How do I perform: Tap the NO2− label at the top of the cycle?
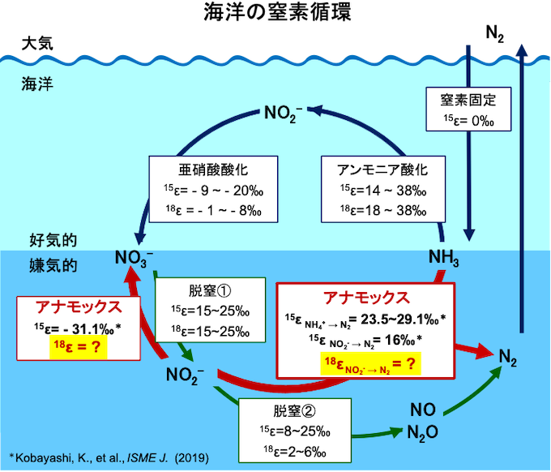coord(284,111)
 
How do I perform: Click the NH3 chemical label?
coord(443,260)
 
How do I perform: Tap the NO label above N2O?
coord(421,409)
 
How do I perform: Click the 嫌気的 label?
coord(53,264)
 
